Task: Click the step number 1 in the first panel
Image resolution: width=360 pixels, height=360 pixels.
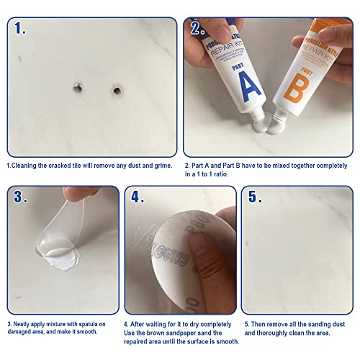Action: (20, 30)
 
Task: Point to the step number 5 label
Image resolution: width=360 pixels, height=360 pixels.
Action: (253, 198)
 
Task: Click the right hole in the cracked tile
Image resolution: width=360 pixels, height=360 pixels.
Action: (115, 91)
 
